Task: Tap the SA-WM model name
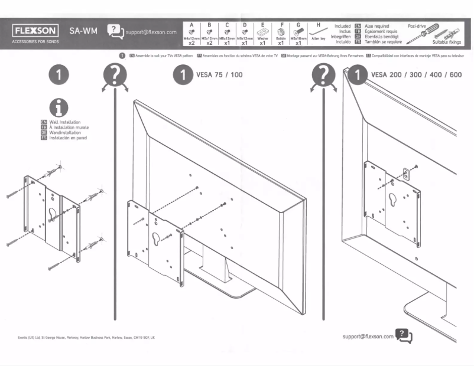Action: pyautogui.click(x=83, y=30)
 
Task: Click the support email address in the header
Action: pyautogui.click(x=151, y=32)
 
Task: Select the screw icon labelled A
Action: pyautogui.click(x=192, y=32)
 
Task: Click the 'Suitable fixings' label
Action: pyautogui.click(x=448, y=43)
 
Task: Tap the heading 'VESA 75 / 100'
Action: pyautogui.click(x=219, y=75)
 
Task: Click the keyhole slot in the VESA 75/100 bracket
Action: pyautogui.click(x=156, y=240)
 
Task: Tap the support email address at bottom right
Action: pyautogui.click(x=368, y=336)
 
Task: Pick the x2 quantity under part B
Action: pyautogui.click(x=210, y=43)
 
